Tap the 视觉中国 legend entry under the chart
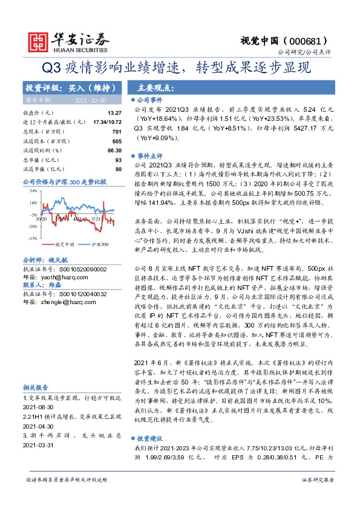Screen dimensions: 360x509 point(64,244)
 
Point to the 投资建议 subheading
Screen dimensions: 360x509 point(148,437)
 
